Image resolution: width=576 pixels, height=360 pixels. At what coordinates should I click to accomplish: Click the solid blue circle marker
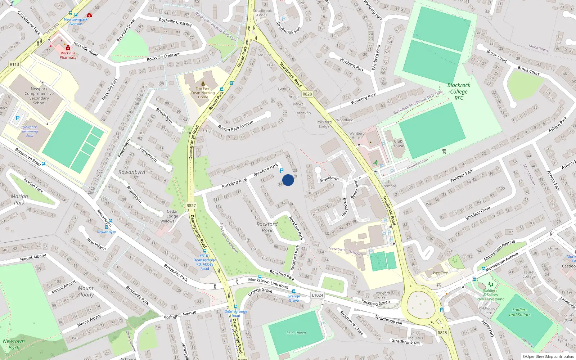coord(288,180)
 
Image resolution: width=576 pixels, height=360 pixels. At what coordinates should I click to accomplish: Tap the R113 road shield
coord(14,64)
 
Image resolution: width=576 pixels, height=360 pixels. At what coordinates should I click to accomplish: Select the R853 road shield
coord(307,94)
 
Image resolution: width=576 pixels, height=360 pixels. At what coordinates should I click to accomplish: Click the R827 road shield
coord(191,206)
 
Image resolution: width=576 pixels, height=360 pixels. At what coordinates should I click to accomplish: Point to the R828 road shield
coord(442,333)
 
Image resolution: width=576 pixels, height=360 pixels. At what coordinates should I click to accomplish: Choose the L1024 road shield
coord(318,295)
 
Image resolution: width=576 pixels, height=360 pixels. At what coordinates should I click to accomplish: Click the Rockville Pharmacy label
coord(68,55)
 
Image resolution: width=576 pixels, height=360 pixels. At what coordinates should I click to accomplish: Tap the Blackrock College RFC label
coord(459,91)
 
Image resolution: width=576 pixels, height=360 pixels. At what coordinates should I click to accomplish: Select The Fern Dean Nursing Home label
coord(203,93)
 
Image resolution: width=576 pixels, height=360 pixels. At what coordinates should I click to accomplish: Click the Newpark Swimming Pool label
coord(30,131)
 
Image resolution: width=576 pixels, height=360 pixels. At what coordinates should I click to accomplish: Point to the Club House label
coord(398,144)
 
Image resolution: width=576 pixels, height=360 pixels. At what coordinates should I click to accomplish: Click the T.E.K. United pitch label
coord(296,333)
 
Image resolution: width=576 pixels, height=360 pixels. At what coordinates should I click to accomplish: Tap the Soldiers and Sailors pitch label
coord(519,312)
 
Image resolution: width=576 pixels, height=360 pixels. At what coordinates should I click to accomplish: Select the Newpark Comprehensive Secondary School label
coord(39,96)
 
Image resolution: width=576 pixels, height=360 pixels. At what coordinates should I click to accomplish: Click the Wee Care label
coord(440,273)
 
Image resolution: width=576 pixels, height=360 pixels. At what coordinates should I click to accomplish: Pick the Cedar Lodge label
coord(172,214)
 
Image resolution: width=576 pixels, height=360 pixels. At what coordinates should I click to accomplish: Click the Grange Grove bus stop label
coord(294,298)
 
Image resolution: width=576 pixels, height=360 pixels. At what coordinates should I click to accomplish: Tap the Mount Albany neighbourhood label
coord(85,291)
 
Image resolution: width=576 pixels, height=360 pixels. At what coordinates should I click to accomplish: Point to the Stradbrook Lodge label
coord(262,13)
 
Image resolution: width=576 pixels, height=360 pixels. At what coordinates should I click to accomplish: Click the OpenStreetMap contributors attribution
coord(548,356)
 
